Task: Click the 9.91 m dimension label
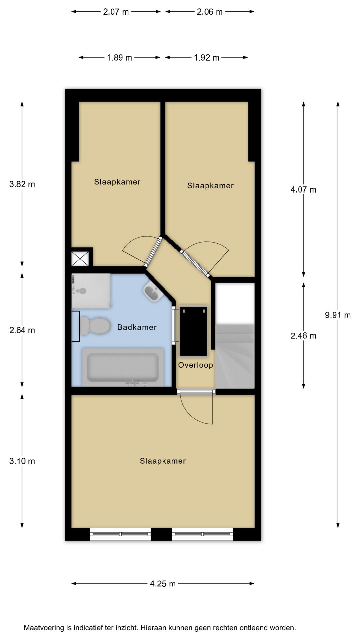tap(338, 315)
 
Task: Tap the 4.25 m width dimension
tap(163, 583)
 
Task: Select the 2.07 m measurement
tap(116, 12)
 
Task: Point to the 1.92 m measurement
tap(207, 58)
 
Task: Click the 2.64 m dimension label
tap(22, 330)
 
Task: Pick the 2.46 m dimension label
tap(303, 335)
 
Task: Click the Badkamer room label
tap(137, 327)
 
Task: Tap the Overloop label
tap(195, 365)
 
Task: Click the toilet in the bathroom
tap(95, 326)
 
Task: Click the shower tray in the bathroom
tap(91, 291)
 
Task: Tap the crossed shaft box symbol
tap(80, 258)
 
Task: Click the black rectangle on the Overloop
tap(194, 331)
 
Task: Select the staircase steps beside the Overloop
tap(235, 356)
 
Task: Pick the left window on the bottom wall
tap(120, 534)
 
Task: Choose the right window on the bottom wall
tap(202, 534)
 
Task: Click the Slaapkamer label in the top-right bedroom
tap(210, 186)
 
